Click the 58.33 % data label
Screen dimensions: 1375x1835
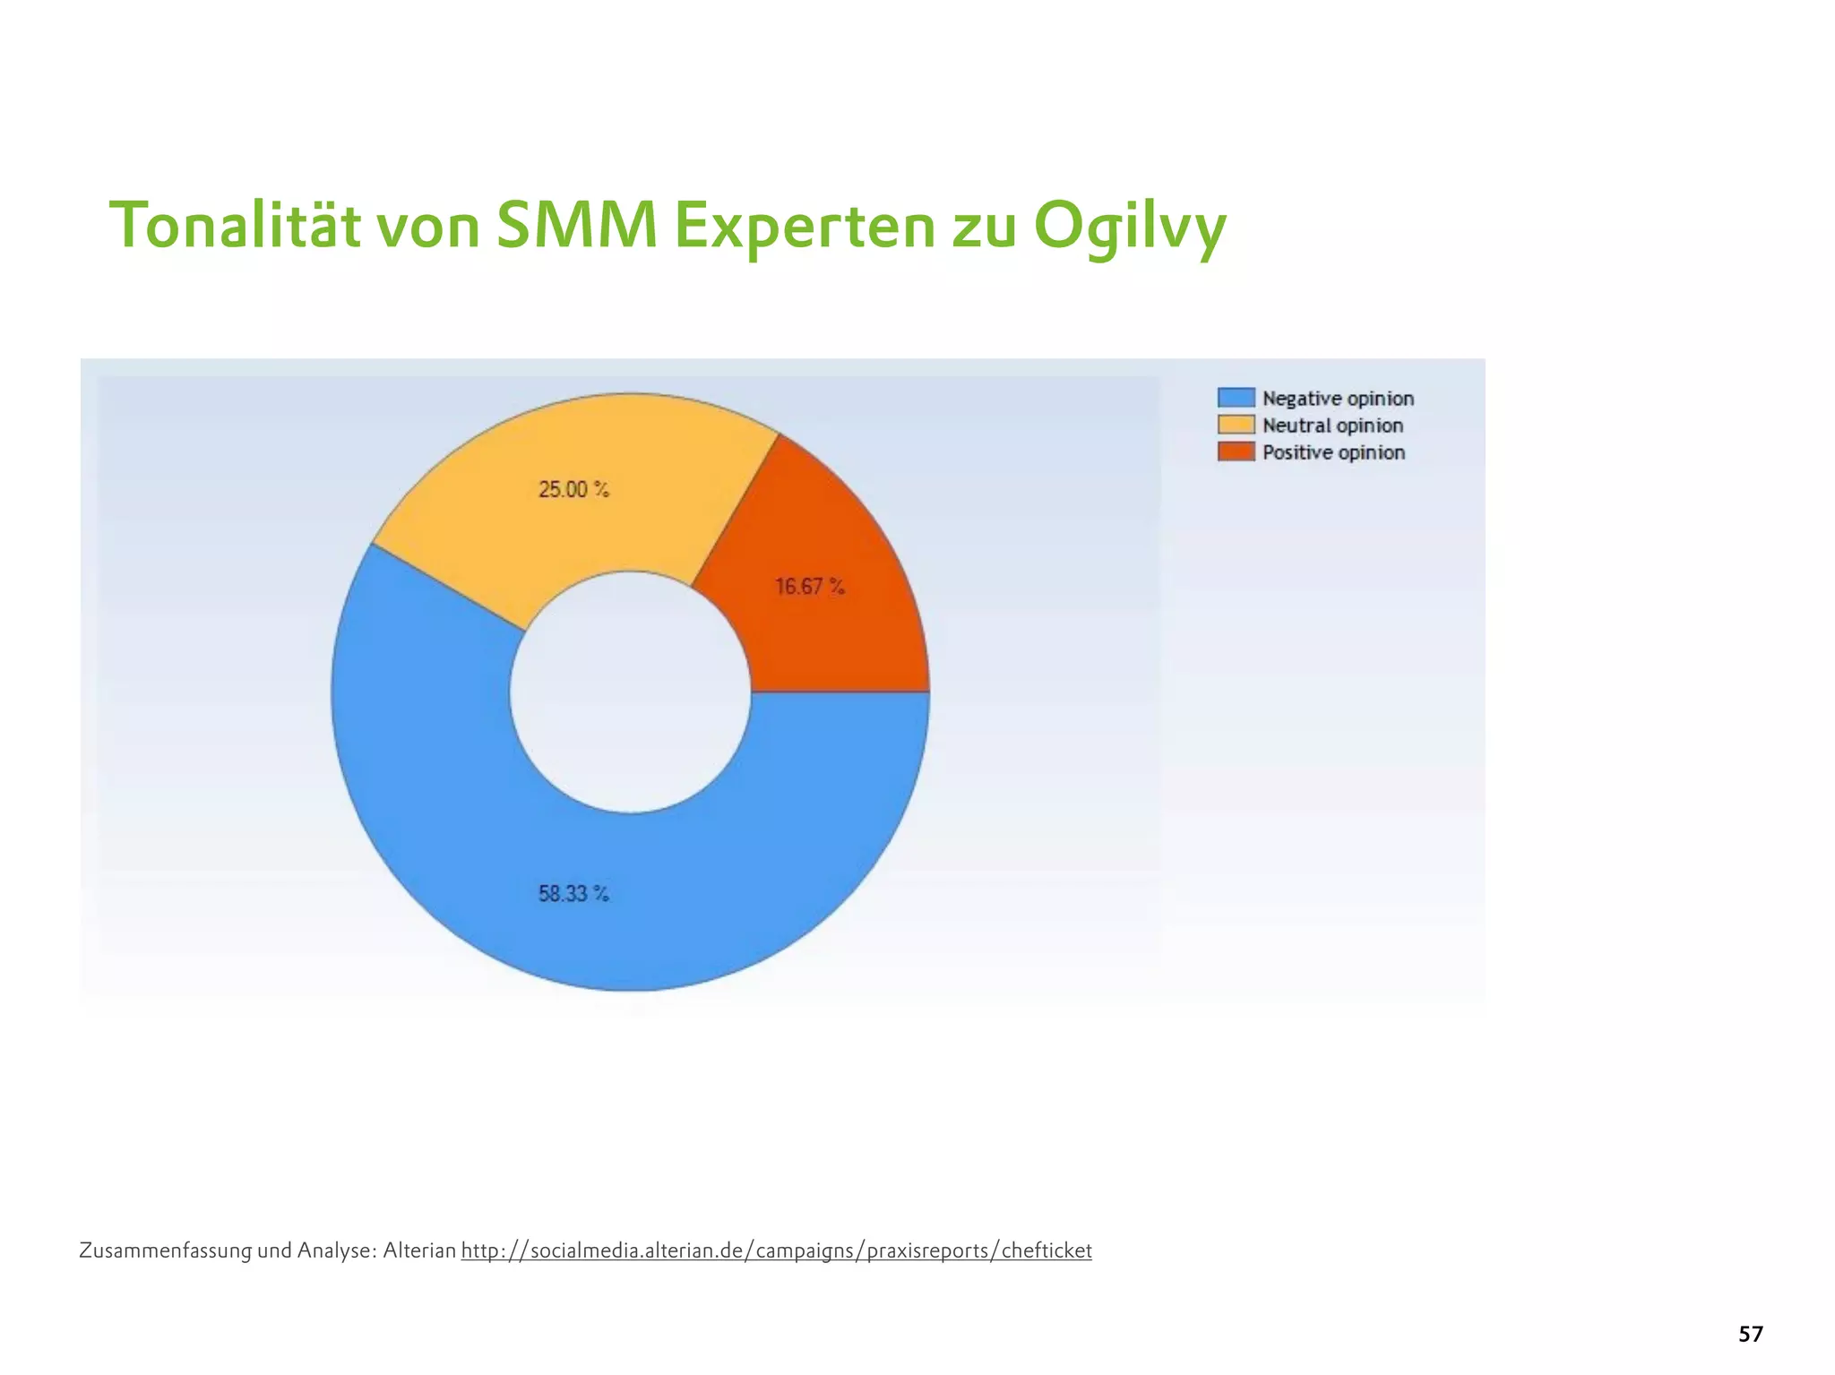573,894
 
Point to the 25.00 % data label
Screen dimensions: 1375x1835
573,490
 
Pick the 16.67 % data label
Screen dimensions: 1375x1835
810,587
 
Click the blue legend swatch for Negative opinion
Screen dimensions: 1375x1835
1236,398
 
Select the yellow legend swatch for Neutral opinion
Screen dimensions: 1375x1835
1236,425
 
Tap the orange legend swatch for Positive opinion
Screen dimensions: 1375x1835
1236,451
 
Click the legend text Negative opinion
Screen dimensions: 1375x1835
1338,399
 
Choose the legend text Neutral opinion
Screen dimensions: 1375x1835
1332,425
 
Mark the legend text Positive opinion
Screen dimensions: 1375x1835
1333,452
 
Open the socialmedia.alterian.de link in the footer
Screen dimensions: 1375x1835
776,1250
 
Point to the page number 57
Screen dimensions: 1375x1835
1750,1335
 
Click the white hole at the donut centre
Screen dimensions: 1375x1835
630,692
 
